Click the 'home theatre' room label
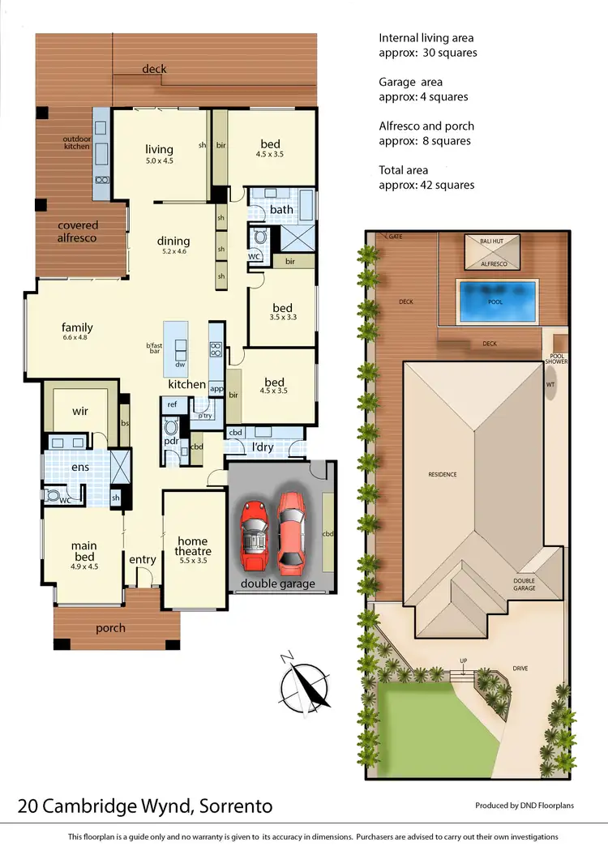click(193, 546)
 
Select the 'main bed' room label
click(84, 551)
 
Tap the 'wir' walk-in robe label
click(80, 411)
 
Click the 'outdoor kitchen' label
click(77, 143)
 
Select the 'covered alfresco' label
click(77, 231)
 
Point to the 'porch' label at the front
click(110, 628)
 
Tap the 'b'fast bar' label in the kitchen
click(154, 350)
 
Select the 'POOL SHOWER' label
click(558, 359)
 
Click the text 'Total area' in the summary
click(404, 170)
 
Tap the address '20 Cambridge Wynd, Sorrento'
click(145, 806)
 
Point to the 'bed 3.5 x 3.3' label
click(282, 312)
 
